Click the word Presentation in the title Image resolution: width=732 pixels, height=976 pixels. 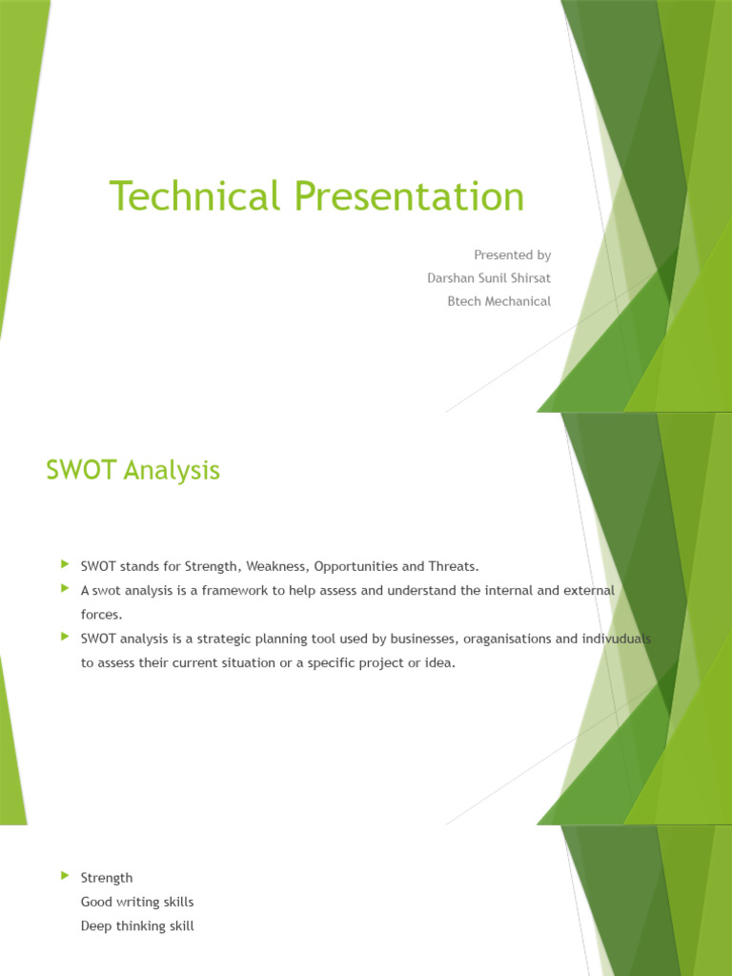tap(409, 196)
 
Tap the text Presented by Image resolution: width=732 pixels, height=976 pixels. tap(512, 255)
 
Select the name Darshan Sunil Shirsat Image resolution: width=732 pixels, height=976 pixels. tap(489, 278)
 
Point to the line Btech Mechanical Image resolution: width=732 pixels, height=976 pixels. tap(498, 301)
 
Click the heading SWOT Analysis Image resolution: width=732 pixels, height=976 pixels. tap(132, 470)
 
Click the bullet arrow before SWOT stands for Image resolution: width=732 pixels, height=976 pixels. tap(65, 565)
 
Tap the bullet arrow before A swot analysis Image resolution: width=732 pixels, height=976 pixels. tap(65, 590)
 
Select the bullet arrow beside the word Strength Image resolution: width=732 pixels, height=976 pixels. tap(65, 876)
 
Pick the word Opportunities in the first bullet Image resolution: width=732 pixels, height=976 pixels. tap(356, 566)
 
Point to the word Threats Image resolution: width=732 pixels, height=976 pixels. tap(452, 566)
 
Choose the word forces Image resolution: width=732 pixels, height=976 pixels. tap(101, 615)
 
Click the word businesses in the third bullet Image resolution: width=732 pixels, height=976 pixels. tap(409, 639)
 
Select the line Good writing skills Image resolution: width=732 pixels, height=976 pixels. tap(137, 902)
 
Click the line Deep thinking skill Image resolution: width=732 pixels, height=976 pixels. tap(137, 925)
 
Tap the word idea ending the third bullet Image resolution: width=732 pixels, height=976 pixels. tap(439, 662)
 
